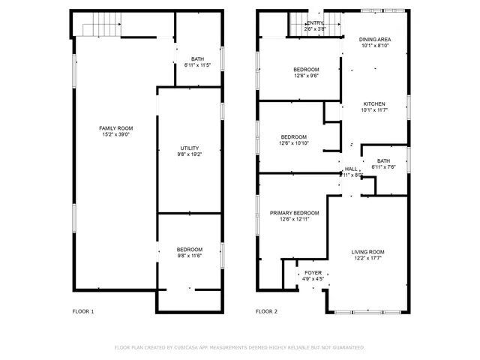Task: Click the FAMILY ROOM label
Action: tap(116, 128)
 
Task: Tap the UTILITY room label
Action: tap(189, 148)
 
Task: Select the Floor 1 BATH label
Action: tap(197, 59)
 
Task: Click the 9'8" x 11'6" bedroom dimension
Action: tap(189, 256)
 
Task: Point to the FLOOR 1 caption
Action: tap(82, 311)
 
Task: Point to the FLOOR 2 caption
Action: tap(266, 311)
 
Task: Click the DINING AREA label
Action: tap(375, 39)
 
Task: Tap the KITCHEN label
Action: tap(374, 103)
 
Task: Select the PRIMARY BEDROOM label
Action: tap(295, 213)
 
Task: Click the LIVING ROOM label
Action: tap(368, 252)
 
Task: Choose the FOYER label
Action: tap(313, 273)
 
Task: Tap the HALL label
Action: tap(351, 169)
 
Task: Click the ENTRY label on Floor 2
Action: tap(315, 24)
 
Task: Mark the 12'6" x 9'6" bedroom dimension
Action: tap(305, 76)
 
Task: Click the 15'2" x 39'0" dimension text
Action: tap(116, 135)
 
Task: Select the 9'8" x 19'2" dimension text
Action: tap(189, 154)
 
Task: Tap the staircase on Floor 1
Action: tap(102, 28)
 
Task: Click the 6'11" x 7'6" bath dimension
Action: tap(383, 167)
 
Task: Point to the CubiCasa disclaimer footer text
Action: tap(239, 347)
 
